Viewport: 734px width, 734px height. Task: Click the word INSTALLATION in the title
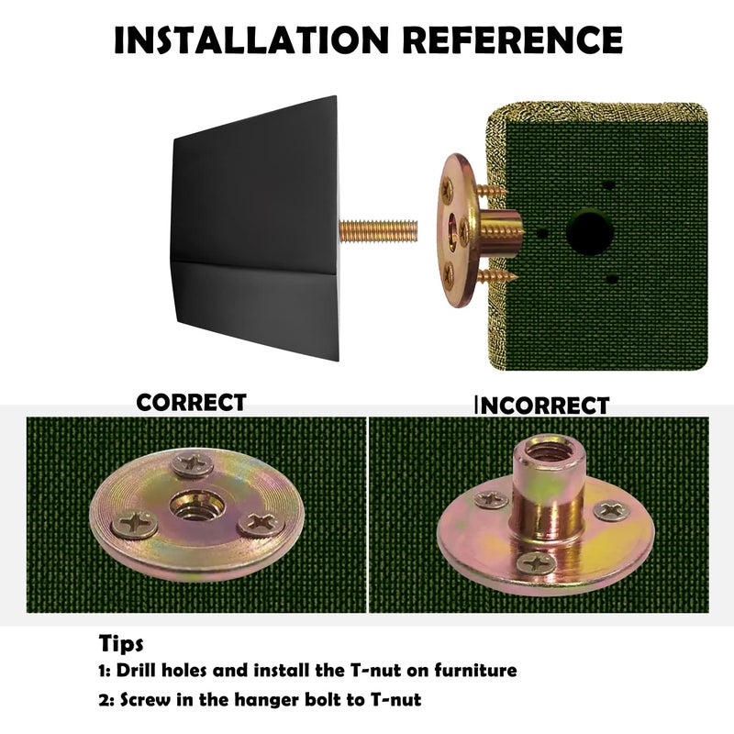pos(251,39)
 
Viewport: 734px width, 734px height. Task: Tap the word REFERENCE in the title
pos(513,39)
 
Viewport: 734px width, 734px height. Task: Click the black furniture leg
pos(256,228)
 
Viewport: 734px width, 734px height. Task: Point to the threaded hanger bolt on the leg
pos(378,231)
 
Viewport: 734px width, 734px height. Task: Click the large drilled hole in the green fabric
pos(590,232)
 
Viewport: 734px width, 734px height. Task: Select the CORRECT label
pos(191,403)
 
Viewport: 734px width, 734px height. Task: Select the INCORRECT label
pos(542,406)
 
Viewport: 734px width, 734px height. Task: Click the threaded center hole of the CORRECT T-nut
pos(196,507)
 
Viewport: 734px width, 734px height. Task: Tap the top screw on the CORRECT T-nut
pos(193,463)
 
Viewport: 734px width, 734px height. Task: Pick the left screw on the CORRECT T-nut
pos(134,524)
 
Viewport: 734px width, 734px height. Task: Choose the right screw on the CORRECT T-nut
pos(261,523)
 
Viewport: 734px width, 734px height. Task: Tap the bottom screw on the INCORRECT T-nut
pos(537,562)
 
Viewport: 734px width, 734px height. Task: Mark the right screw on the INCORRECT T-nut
pos(611,510)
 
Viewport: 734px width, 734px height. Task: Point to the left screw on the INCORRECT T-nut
pos(491,499)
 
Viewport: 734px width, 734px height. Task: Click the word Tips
pos(121,643)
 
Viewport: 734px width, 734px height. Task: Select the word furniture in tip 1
pos(475,670)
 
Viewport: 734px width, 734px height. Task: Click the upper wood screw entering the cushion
pos(491,191)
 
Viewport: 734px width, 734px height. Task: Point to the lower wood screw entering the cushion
pos(496,276)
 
